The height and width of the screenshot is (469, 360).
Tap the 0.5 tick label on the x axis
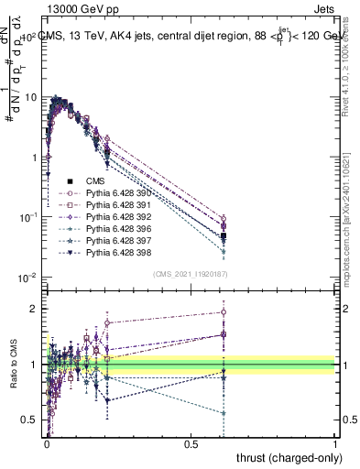click(x=191, y=443)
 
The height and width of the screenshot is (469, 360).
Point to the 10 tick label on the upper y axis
click(x=30, y=97)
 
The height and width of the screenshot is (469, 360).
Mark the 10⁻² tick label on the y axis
click(x=27, y=278)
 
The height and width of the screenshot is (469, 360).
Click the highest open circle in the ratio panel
click(x=224, y=312)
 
